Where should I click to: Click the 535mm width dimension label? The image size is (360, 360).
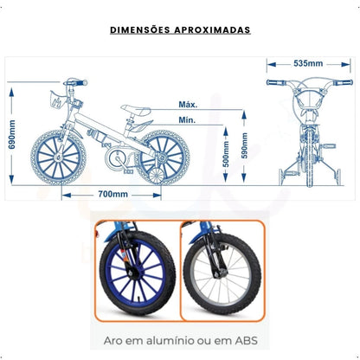tap(308, 64)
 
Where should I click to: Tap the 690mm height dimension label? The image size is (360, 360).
tap(12, 134)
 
